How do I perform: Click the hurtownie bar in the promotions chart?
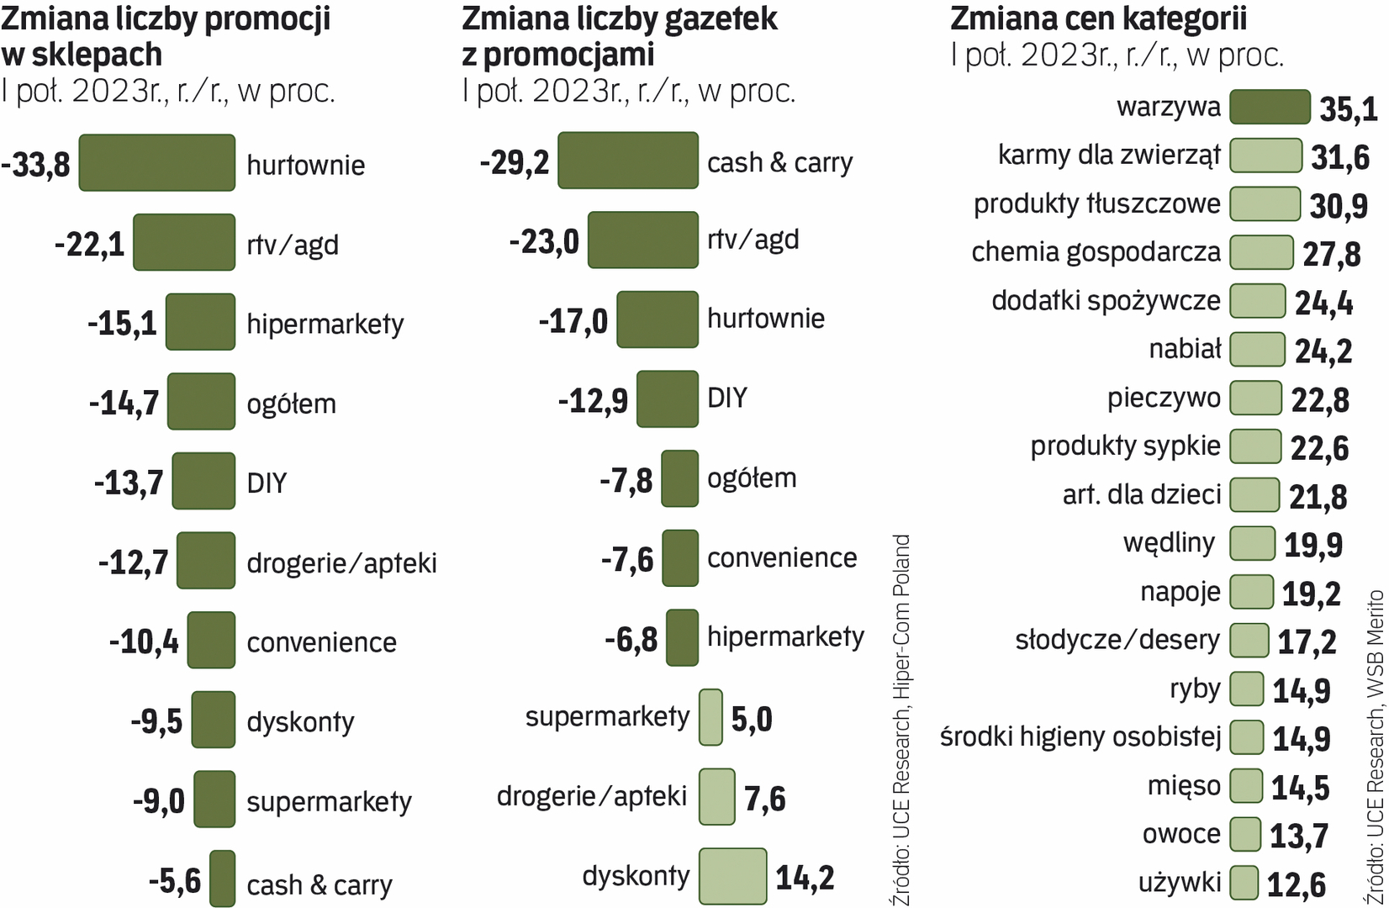(x=157, y=162)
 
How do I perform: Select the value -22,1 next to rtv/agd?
(x=89, y=245)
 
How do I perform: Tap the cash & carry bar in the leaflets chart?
(x=627, y=160)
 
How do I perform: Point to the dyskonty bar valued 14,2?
(x=732, y=876)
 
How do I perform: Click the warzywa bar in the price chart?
(x=1270, y=107)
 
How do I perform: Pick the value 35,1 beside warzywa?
(x=1348, y=109)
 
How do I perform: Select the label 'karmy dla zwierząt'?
(x=1108, y=155)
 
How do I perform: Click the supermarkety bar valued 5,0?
(x=710, y=717)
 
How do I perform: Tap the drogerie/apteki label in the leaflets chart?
(x=592, y=796)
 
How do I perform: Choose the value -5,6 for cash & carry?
(x=175, y=881)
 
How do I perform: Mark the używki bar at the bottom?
(x=1244, y=883)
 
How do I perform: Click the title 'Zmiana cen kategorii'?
(x=1097, y=18)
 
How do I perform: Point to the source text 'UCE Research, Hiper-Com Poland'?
(x=900, y=720)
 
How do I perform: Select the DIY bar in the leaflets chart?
(x=668, y=399)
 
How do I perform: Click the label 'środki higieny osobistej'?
(x=1080, y=736)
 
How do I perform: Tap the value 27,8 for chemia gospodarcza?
(x=1331, y=254)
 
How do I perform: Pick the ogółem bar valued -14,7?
(x=201, y=401)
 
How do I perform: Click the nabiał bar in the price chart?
(x=1257, y=350)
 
